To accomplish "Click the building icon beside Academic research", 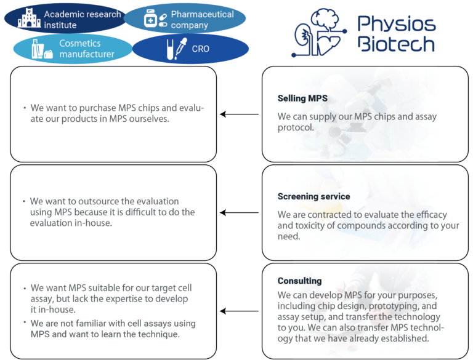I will click(29, 19).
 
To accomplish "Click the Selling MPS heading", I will click(302, 98).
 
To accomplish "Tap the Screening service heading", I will click(313, 197).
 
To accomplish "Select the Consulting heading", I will click(299, 281).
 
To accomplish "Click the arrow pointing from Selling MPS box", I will click(240, 114).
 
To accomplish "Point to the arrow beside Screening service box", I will click(240, 213).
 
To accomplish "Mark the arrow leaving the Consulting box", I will click(240, 311).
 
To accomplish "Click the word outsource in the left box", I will click(94, 201).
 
